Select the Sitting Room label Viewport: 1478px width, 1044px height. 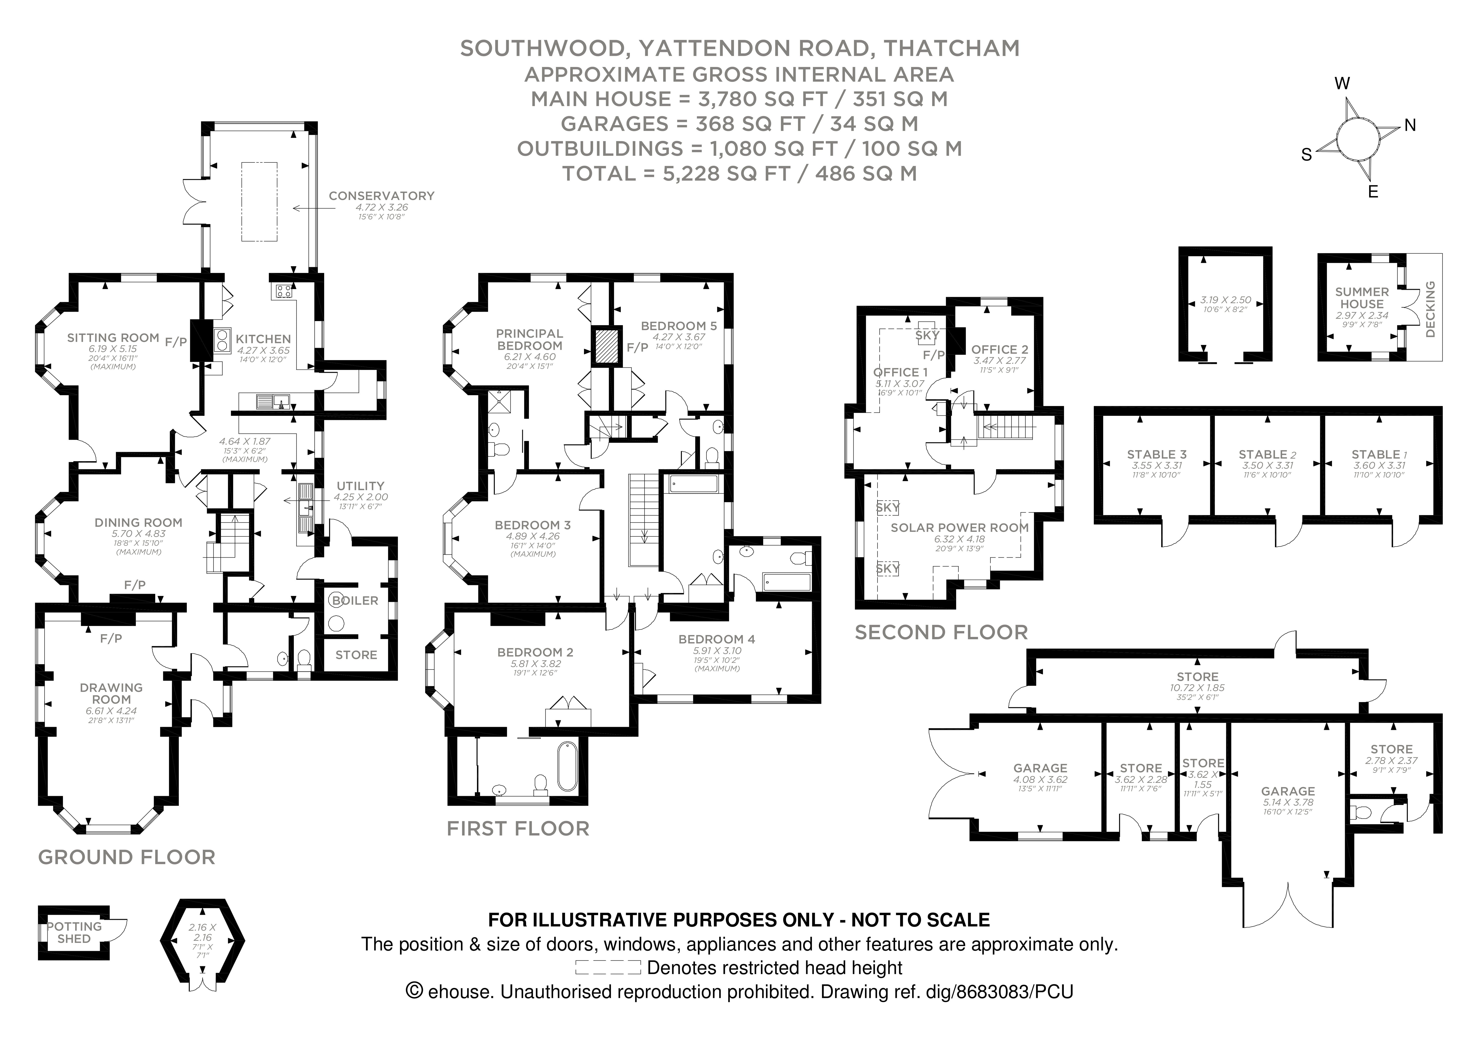[113, 338]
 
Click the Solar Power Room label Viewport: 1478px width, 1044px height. [959, 527]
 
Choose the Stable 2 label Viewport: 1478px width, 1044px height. [1267, 454]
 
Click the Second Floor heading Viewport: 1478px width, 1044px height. [941, 632]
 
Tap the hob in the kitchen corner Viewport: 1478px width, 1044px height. [282, 291]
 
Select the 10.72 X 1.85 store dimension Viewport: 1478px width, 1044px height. [1197, 688]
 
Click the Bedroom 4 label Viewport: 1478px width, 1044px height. [716, 639]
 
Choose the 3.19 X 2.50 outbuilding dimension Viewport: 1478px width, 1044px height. [1226, 300]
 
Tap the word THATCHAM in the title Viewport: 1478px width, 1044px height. [951, 48]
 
